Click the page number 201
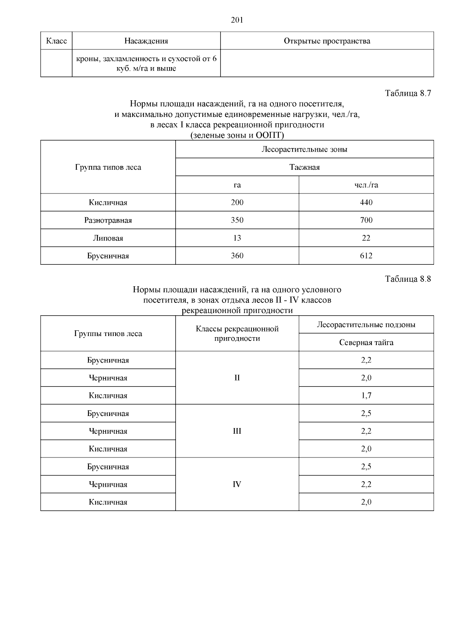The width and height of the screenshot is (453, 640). point(237,20)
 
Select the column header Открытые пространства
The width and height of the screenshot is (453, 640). point(327,41)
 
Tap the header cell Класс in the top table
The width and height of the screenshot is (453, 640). point(56,41)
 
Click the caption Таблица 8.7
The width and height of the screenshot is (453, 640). point(408,93)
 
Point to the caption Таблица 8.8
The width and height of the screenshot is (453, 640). point(408,279)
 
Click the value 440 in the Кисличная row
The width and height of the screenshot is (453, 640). point(366,203)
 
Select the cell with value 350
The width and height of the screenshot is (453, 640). point(237,220)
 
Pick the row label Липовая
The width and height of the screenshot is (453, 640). point(108,238)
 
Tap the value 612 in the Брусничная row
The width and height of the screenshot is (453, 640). point(366,256)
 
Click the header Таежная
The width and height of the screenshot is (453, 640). point(305,167)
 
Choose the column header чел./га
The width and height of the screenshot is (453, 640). point(366,185)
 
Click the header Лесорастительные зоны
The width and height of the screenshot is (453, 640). point(305,149)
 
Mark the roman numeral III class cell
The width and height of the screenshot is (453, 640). point(237,431)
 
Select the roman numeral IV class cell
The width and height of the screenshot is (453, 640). point(237,484)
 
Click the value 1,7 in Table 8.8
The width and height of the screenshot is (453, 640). point(366,396)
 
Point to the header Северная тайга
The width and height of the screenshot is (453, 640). point(366,342)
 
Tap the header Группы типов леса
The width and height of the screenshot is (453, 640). point(108,334)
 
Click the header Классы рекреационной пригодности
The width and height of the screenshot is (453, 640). point(237,333)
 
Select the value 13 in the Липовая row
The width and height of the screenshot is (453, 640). point(237,238)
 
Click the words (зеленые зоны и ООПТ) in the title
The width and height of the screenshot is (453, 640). point(237,135)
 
